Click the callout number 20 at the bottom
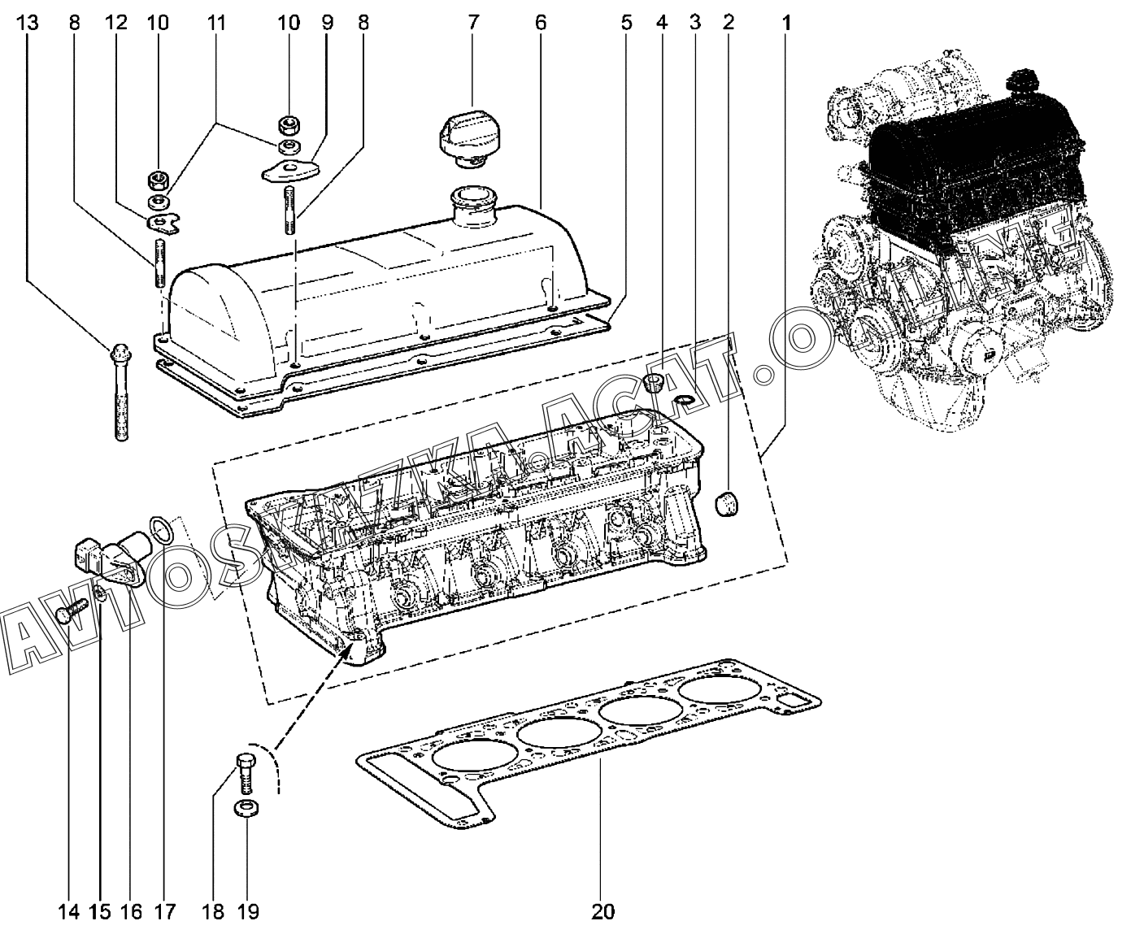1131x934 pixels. click(602, 912)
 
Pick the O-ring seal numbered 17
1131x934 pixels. click(162, 529)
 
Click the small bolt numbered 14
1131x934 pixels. click(72, 610)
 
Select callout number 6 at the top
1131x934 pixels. click(540, 23)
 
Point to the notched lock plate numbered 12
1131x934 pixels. click(163, 224)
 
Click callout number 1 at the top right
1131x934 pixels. click(786, 23)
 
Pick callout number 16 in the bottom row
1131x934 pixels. click(131, 912)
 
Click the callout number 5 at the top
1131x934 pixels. click(626, 23)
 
